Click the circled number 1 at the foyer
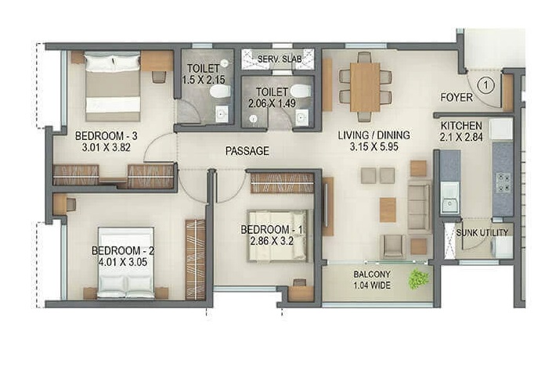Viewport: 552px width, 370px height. (x=486, y=84)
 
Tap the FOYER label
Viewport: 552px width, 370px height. (x=456, y=98)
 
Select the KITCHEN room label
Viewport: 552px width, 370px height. (x=461, y=126)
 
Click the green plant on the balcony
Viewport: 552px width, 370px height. (x=419, y=279)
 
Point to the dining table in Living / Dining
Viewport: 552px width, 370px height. (x=365, y=88)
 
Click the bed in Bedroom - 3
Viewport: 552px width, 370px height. (x=113, y=87)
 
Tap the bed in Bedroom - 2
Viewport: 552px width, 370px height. (x=126, y=263)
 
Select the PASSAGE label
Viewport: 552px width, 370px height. (x=247, y=151)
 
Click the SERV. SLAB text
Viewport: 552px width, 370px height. (x=280, y=59)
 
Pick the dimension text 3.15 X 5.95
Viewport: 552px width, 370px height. (x=373, y=146)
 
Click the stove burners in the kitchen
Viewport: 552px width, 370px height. (x=503, y=182)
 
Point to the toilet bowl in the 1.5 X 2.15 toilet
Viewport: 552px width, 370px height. (x=220, y=92)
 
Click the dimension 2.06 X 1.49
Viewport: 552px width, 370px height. (x=272, y=104)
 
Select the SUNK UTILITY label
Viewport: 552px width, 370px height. (x=482, y=232)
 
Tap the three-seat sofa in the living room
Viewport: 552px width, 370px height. (x=419, y=207)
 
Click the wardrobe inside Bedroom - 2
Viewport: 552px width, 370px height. (x=196, y=260)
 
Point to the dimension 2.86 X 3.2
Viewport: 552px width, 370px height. (x=272, y=241)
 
